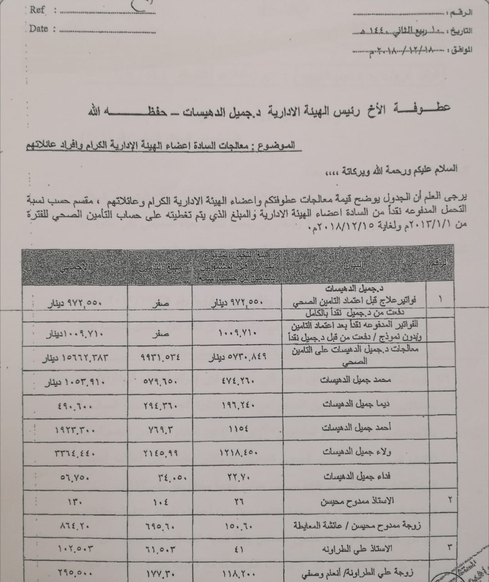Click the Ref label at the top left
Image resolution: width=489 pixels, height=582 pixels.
37,10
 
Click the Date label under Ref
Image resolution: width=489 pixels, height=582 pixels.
38,29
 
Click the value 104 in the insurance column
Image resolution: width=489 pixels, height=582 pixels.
160,500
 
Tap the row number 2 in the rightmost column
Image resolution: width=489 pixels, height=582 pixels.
449,500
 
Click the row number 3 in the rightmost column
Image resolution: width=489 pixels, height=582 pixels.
449,547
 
